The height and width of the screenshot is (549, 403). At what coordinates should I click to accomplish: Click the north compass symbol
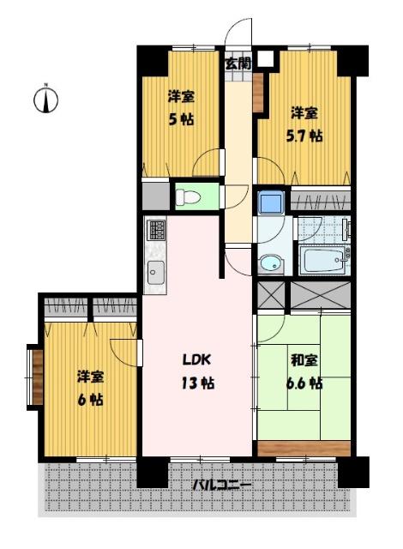point(45,100)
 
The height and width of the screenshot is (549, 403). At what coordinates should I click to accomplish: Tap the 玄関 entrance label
point(238,63)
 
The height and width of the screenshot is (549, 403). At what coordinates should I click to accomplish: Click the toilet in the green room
point(188,197)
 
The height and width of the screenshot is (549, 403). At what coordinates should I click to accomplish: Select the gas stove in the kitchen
point(156,230)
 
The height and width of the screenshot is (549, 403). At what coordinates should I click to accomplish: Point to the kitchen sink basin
point(156,273)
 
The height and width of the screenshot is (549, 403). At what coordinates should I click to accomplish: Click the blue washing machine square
point(271,202)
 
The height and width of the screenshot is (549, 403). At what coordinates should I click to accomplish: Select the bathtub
point(324,260)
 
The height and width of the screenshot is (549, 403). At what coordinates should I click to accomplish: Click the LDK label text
point(197,359)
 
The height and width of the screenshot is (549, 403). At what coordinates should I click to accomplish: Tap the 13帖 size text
point(197,383)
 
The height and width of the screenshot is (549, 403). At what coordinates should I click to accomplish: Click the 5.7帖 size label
point(304,136)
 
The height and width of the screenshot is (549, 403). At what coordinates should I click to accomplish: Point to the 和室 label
point(304,360)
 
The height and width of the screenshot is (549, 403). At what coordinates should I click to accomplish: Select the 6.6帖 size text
point(304,383)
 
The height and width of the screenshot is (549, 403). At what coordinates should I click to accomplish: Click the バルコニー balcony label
point(222,486)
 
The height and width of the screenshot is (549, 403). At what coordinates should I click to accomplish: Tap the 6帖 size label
point(90,400)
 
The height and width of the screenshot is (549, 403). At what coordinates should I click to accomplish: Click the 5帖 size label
point(181,120)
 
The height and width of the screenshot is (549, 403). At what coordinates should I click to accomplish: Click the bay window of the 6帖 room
point(34,377)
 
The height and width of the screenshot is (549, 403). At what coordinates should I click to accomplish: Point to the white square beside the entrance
point(267,59)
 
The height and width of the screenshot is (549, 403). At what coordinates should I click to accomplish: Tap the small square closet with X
point(271,295)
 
